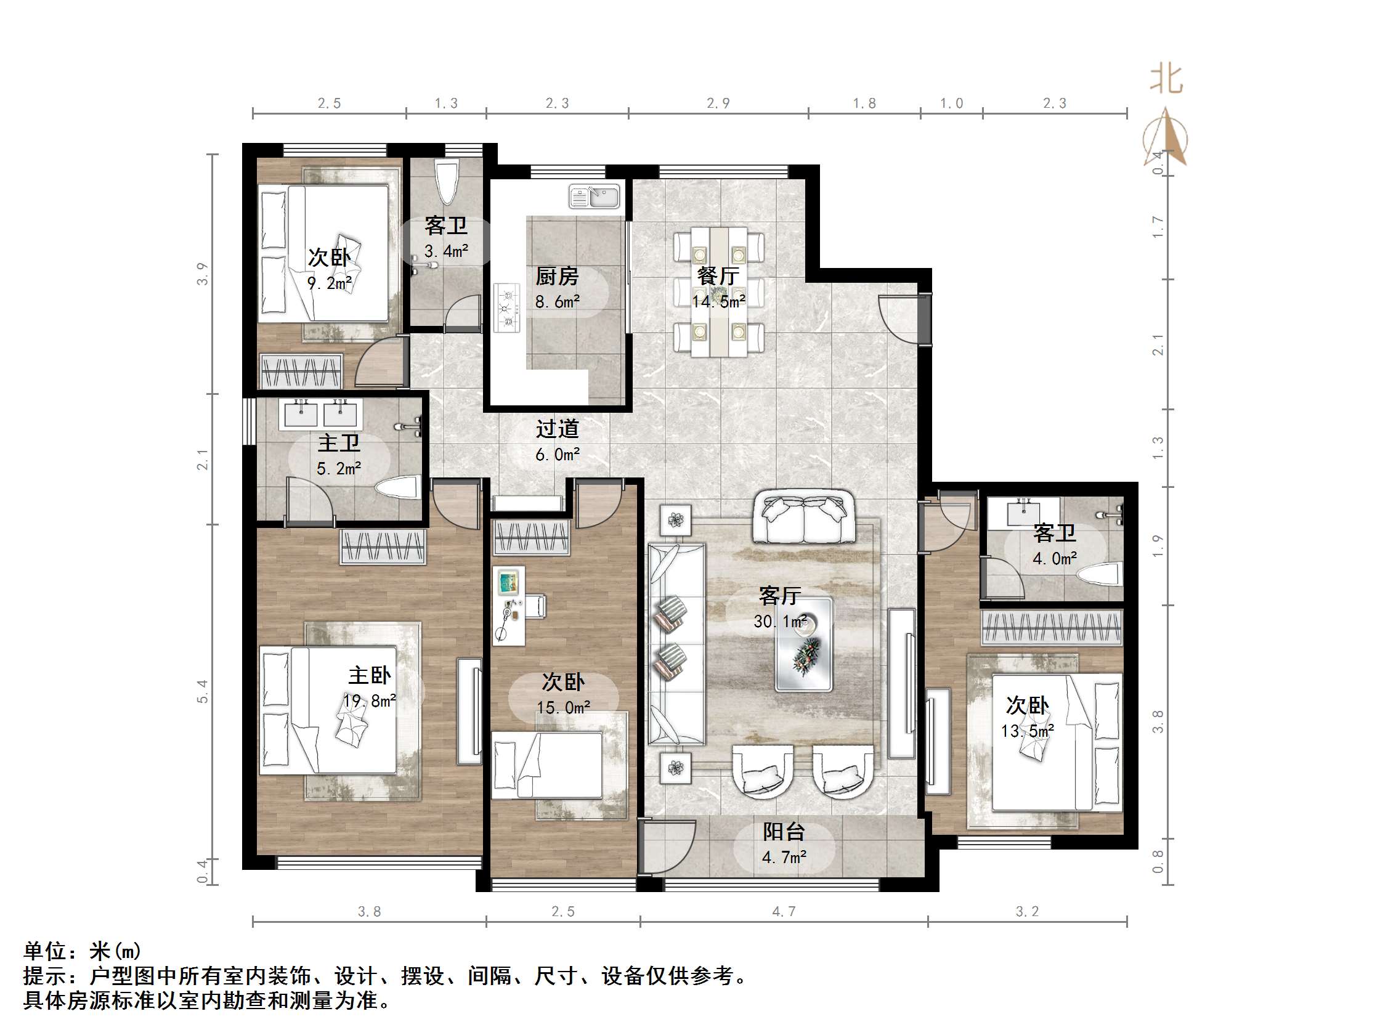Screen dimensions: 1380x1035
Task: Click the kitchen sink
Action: [595, 197]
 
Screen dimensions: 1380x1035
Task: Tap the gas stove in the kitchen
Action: [506, 307]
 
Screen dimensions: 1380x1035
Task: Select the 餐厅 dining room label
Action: [718, 276]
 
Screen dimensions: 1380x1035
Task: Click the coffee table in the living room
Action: [803, 644]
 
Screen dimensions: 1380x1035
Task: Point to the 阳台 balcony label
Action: [784, 832]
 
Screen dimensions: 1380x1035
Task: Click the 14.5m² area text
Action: [719, 302]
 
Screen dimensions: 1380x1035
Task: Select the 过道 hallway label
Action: [557, 429]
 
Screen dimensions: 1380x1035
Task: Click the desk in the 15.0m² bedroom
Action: [509, 606]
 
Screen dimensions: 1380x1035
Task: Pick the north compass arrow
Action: [1166, 137]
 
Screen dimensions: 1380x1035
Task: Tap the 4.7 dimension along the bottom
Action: [784, 911]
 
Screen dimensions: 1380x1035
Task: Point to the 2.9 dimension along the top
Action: [718, 103]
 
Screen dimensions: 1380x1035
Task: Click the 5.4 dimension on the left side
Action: [202, 691]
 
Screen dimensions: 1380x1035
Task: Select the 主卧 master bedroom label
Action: [369, 675]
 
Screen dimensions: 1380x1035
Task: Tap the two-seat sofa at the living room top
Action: [804, 516]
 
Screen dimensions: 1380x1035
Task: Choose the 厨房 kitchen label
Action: [557, 276]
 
